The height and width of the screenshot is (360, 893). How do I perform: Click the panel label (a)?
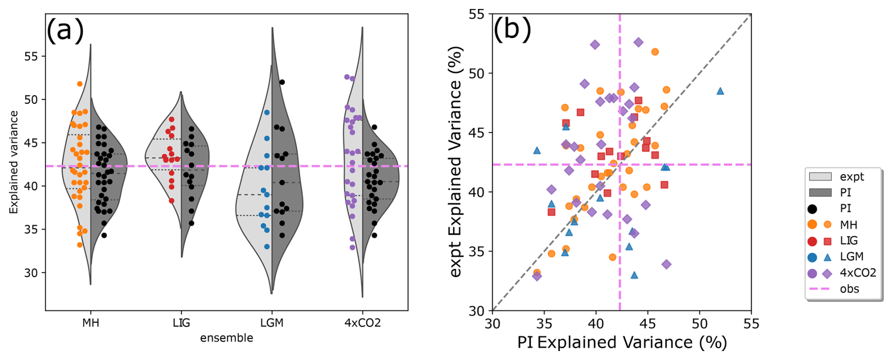click(x=65, y=31)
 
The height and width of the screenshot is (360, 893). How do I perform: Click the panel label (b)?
click(x=512, y=29)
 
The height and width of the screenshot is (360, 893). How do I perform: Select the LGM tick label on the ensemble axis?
click(x=272, y=323)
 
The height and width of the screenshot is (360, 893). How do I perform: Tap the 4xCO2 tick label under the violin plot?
click(x=362, y=323)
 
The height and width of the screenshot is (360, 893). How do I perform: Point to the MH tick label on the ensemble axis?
click(x=91, y=323)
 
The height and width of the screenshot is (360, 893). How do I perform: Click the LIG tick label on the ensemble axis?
click(x=181, y=323)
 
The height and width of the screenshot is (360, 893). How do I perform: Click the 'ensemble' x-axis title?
click(x=227, y=338)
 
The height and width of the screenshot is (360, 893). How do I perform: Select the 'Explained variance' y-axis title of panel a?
click(x=14, y=162)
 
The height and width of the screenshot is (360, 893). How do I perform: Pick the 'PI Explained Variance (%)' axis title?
click(x=622, y=343)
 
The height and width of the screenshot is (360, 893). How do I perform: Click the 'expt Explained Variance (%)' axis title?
click(x=455, y=162)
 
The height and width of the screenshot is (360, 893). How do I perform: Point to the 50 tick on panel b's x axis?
click(x=699, y=324)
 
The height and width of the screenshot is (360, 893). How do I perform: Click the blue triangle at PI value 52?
click(x=720, y=91)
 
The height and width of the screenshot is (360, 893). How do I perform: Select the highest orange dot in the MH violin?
click(x=80, y=84)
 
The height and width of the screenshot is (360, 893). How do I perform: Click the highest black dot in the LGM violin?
click(x=282, y=82)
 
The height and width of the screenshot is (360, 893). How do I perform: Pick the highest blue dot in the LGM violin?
click(x=267, y=112)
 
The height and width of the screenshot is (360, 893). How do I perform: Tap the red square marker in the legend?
click(x=827, y=241)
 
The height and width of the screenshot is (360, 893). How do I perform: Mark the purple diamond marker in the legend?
click(x=827, y=273)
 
